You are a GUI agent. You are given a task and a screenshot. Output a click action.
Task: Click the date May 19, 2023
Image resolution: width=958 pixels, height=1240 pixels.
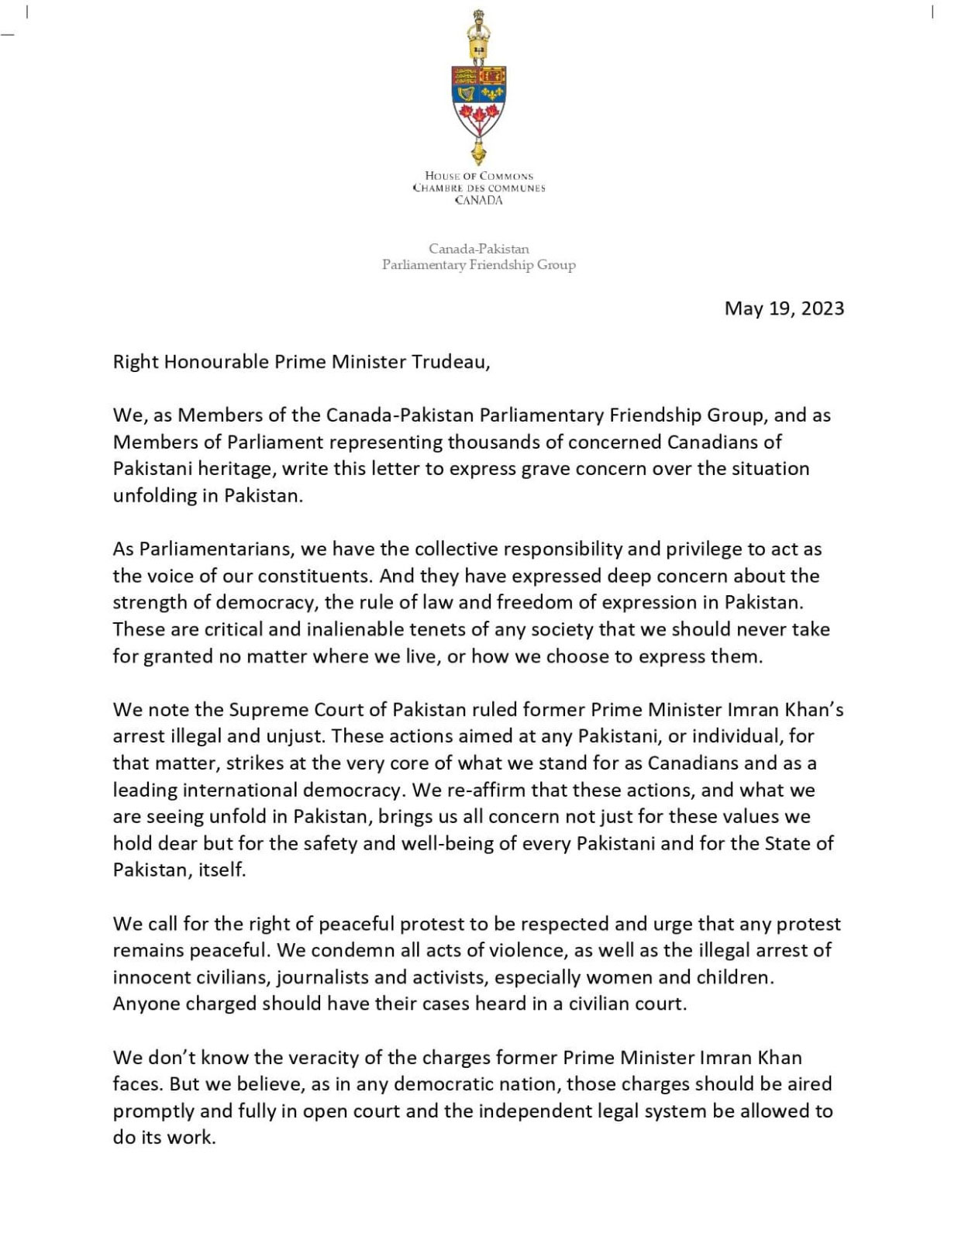click(x=784, y=308)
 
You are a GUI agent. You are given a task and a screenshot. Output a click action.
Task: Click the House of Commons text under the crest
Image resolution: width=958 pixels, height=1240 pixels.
click(x=479, y=176)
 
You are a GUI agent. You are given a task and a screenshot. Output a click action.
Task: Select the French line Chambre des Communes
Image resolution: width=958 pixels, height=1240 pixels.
click(x=479, y=188)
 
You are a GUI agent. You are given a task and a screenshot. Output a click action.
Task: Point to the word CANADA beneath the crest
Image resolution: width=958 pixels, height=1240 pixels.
click(x=479, y=201)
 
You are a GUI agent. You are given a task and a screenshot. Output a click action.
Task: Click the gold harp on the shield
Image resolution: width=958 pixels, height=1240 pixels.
click(x=466, y=94)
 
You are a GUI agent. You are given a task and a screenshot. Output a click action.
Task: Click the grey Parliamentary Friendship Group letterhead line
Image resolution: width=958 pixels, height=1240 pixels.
click(x=479, y=265)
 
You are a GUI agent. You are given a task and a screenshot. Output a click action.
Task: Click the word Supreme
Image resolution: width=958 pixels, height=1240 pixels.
click(x=268, y=710)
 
